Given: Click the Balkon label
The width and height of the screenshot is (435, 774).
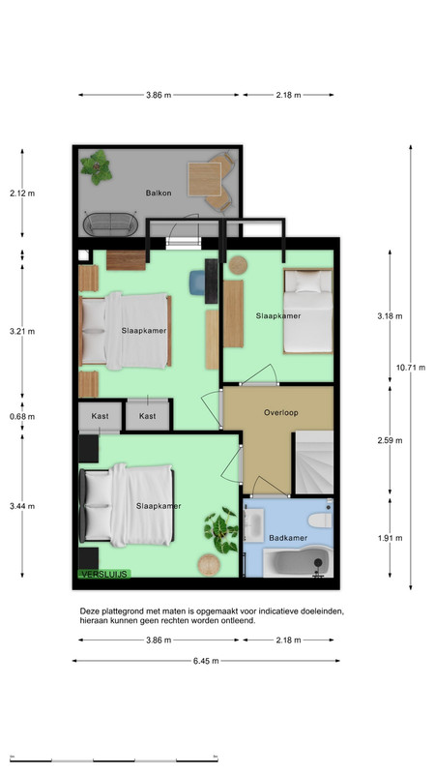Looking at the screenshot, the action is point(159,193).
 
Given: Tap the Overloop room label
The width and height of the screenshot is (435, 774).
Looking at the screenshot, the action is point(280,413).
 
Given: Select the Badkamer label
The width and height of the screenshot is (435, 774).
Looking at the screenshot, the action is point(288,538).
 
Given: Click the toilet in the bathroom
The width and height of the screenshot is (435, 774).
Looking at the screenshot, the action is point(320,521).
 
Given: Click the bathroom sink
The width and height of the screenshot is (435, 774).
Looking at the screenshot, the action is point(253,525).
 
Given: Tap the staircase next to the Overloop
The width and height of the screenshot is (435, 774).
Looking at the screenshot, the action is point(313,462).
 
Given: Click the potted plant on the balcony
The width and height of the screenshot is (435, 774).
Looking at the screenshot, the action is point(97,167).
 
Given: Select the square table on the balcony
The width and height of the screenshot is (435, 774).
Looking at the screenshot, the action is point(204,179).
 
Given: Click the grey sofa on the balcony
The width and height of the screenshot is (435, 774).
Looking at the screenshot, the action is point(110,224).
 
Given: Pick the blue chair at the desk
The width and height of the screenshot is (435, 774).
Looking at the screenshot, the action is point(197,283).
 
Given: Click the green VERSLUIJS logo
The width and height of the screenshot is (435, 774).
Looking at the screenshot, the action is point(104,574).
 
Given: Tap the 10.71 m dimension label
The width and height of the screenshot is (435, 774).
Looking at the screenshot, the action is point(410,368).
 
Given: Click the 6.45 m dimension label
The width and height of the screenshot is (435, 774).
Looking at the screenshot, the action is point(206,661).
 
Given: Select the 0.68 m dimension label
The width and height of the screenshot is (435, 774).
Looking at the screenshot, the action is point(22,416).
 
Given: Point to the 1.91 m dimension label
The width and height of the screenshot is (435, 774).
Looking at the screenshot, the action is point(390,538).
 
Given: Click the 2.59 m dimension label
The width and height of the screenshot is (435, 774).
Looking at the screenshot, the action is point(390,440).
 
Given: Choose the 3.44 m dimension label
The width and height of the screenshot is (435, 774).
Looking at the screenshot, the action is point(22,506).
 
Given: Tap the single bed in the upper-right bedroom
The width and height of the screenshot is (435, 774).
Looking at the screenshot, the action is point(307,311).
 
